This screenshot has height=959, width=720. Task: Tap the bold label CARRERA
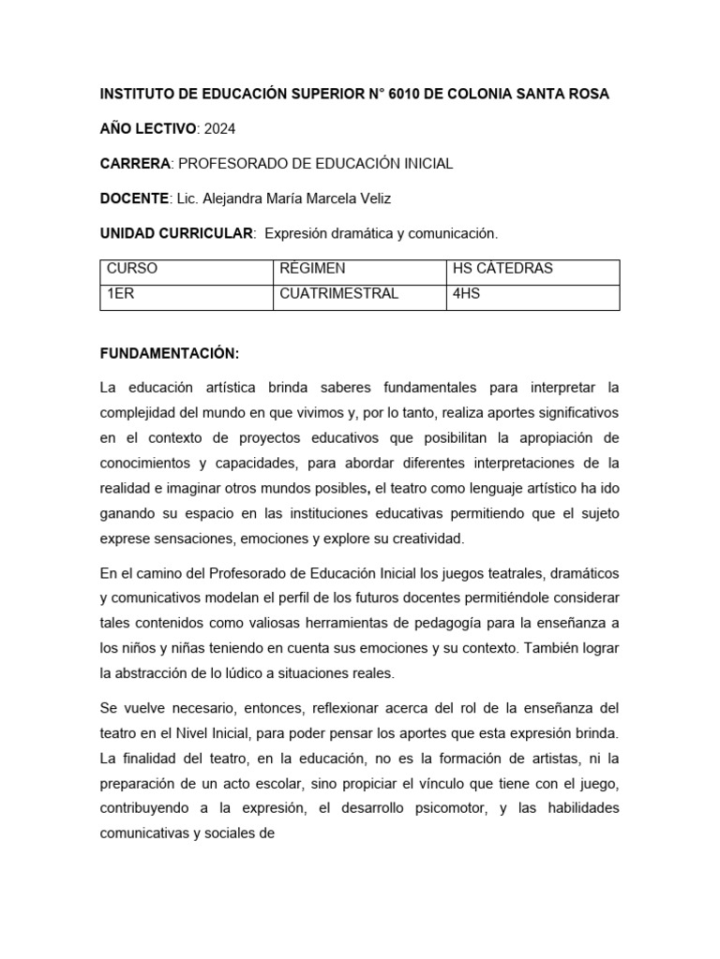tap(135, 163)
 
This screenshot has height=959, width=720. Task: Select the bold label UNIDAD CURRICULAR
tap(176, 232)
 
